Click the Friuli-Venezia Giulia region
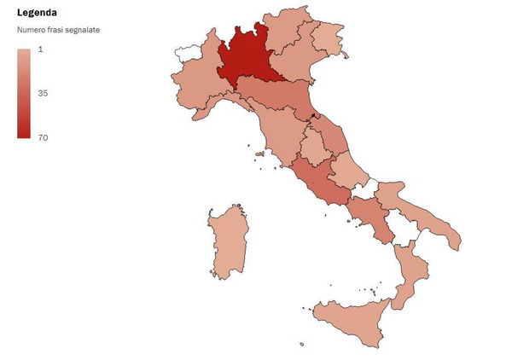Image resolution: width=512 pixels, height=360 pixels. [329, 37]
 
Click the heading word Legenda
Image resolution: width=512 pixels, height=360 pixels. [37, 13]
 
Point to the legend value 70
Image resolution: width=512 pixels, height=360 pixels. [43, 137]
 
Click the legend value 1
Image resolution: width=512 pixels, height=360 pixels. [41, 49]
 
